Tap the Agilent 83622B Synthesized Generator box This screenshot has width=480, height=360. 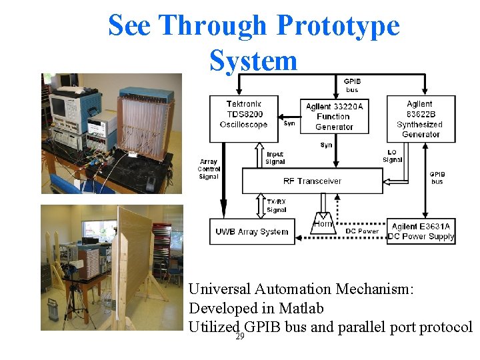(x=420, y=118)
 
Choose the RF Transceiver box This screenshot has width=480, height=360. (x=312, y=181)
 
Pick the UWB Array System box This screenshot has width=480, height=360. (x=251, y=232)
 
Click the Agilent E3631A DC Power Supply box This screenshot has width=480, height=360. (x=421, y=231)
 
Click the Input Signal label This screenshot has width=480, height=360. (x=275, y=158)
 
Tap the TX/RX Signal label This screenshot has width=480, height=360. (x=276, y=205)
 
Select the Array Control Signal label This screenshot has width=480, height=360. (x=209, y=169)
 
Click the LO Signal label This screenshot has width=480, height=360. (x=392, y=155)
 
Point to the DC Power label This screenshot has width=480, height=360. (x=362, y=231)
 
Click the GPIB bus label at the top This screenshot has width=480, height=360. (x=351, y=85)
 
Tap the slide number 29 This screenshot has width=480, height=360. (x=240, y=336)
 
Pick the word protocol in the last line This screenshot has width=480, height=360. (x=445, y=328)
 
